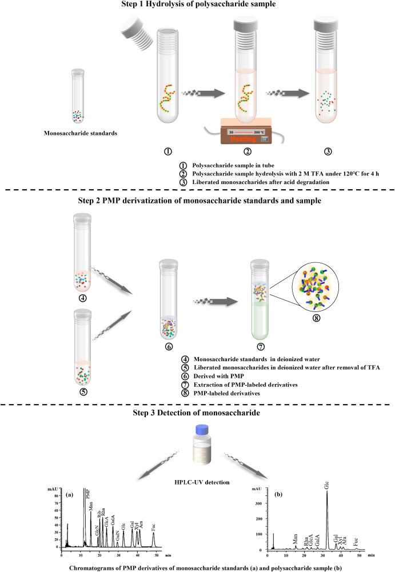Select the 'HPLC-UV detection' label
[197, 482]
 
